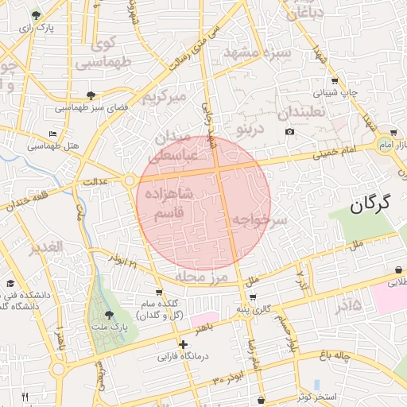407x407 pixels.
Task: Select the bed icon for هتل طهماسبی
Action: pyautogui.click(x=52, y=134)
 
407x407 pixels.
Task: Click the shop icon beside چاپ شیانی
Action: pyautogui.click(x=335, y=80)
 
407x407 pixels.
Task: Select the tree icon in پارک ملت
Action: pyautogui.click(x=109, y=315)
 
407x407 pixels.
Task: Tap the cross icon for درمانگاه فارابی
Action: pyautogui.click(x=184, y=344)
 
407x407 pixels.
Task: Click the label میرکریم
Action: pyautogui.click(x=164, y=98)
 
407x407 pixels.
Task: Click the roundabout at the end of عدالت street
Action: pyautogui.click(x=130, y=181)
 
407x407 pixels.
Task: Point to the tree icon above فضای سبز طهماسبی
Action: pyautogui.click(x=91, y=94)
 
